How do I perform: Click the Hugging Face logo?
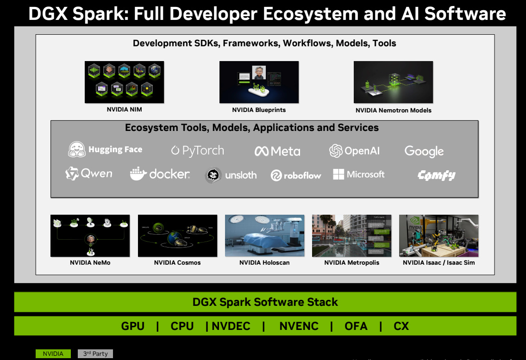click(106, 149)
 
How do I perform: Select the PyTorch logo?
click(197, 150)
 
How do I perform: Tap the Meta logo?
click(277, 151)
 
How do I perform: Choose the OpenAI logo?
click(354, 151)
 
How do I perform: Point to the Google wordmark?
click(424, 151)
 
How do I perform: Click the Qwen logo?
click(89, 174)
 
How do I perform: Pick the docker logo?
click(160, 174)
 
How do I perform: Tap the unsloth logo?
click(231, 175)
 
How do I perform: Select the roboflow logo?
click(296, 175)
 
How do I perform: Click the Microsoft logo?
click(359, 174)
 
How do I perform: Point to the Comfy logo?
click(436, 175)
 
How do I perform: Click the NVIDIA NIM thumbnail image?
click(124, 82)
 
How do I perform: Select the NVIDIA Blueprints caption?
click(259, 110)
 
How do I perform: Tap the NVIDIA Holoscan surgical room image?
click(264, 236)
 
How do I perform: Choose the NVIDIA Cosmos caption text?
click(177, 262)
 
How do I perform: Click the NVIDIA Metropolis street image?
click(351, 236)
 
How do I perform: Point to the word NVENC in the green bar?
click(299, 326)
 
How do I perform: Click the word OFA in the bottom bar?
click(356, 326)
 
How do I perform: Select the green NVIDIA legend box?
click(53, 354)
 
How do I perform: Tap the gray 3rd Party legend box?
click(95, 354)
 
